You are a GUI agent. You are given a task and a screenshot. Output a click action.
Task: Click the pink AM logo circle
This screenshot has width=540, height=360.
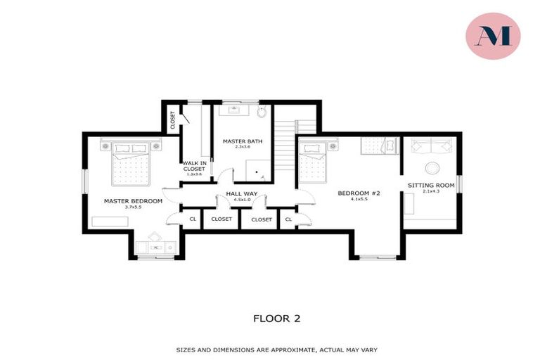coord(493,36)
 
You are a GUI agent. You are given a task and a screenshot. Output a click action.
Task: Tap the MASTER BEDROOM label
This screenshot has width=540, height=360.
coord(133,200)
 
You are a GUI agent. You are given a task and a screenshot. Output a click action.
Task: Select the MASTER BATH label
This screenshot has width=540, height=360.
coord(243,141)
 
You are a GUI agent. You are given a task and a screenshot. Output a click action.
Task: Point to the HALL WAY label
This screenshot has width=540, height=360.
coord(239,193)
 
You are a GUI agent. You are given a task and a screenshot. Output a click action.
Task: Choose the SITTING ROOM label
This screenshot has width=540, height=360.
coord(431,186)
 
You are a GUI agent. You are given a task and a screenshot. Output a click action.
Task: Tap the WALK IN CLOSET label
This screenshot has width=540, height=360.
coord(195,166)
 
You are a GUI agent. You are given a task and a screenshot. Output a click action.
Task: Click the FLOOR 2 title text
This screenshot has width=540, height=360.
coord(276,319)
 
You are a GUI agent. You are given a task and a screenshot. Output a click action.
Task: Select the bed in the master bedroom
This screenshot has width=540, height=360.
coord(131,163)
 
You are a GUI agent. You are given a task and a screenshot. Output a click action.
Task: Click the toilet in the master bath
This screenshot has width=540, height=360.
coord(261,112)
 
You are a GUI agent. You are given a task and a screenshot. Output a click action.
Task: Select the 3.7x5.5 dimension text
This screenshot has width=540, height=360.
coord(133,207)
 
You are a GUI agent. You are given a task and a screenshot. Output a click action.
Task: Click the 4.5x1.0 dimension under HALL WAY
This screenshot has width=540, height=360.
coord(239,200)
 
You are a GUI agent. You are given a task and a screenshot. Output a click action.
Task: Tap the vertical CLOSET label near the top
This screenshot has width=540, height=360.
coord(172,120)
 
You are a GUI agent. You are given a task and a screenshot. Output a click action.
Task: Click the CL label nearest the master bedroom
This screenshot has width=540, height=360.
coord(192,219)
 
